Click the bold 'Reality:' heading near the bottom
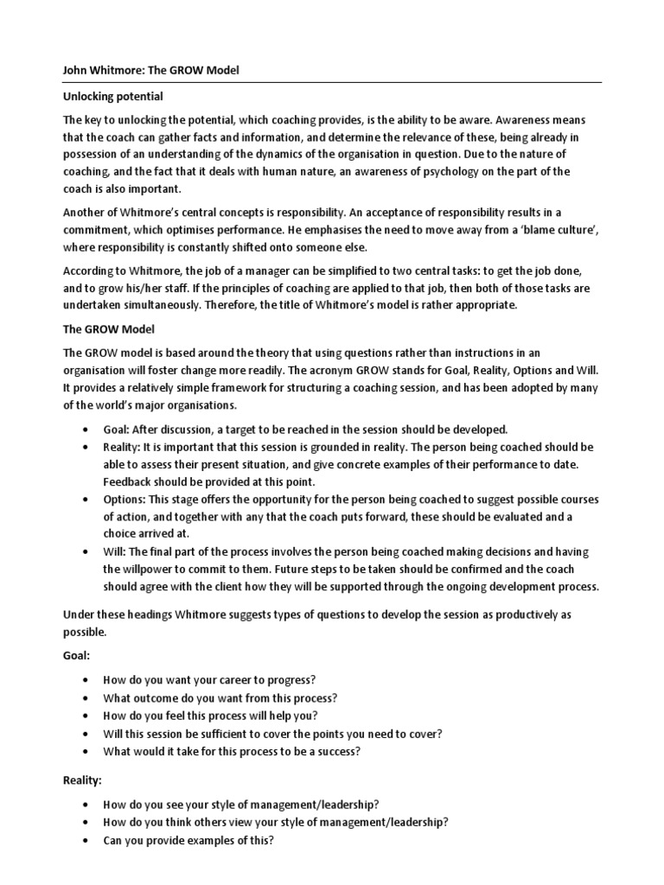(x=83, y=780)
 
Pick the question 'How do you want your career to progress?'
(x=208, y=680)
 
